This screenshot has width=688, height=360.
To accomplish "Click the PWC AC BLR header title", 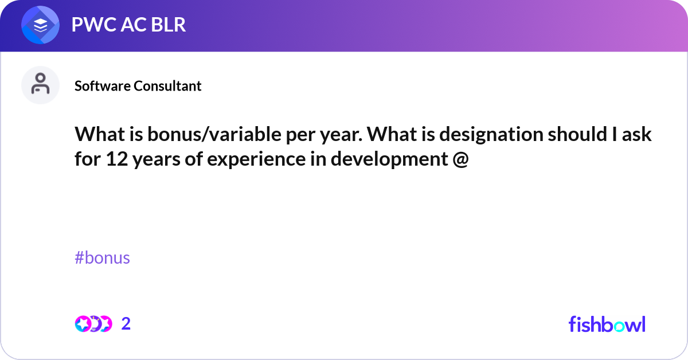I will [x=128, y=25].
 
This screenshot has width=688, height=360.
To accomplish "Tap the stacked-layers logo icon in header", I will [x=41, y=25].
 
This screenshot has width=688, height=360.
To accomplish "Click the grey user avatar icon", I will [x=40, y=85].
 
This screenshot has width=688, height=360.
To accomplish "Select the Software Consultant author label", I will [x=138, y=86].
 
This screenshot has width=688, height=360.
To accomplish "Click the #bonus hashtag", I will [x=102, y=258].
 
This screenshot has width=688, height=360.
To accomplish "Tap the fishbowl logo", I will [x=607, y=324].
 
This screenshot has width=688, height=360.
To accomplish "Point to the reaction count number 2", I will [x=126, y=324].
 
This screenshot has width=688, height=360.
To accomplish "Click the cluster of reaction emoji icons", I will [x=93, y=324].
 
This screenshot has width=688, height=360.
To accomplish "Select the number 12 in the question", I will [x=118, y=159].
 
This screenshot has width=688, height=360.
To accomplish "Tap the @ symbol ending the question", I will [x=460, y=159].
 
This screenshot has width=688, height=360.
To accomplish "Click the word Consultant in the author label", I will [x=167, y=86].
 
